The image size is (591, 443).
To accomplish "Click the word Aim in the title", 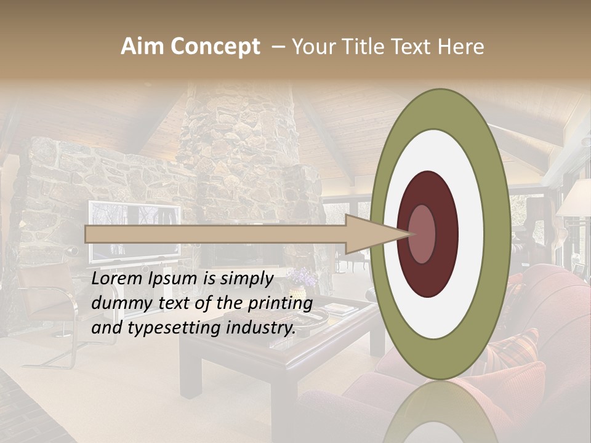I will [142, 47].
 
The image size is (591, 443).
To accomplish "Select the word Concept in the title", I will [214, 47].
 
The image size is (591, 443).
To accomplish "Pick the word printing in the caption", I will [280, 303].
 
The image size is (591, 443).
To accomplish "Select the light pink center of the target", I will [422, 234].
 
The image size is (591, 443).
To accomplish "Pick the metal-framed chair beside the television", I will [52, 308].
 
